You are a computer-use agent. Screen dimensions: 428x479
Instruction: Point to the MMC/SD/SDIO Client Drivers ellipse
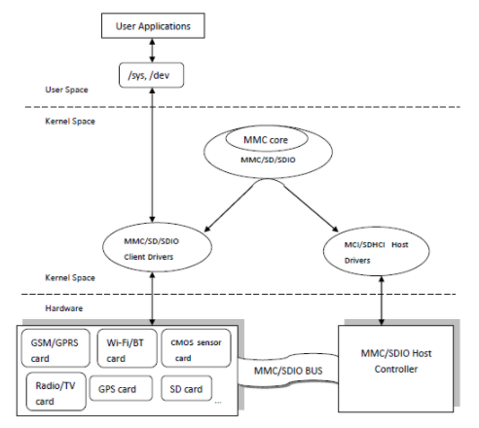point(155,248)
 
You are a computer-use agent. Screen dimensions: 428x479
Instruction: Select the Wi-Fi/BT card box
point(124,349)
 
